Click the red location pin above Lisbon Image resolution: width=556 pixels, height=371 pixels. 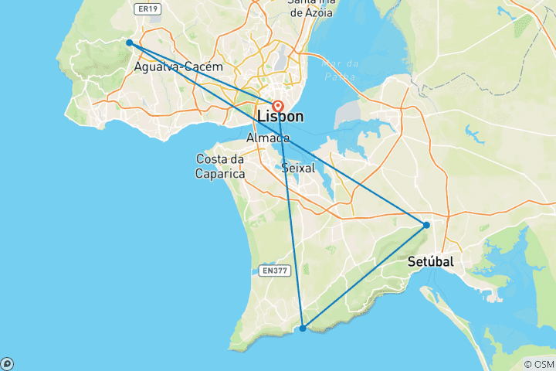tap(277, 106)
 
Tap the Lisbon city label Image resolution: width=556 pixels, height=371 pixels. tap(275, 117)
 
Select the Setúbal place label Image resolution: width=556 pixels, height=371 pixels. tap(430, 262)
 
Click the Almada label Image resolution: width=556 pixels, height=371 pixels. tap(268, 138)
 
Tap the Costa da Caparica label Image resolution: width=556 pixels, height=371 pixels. tap(220, 166)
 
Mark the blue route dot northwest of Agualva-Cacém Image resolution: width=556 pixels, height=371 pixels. tap(130, 43)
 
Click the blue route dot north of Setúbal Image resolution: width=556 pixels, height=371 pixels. tap(426, 225)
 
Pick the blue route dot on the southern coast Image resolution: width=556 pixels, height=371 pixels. tap(303, 328)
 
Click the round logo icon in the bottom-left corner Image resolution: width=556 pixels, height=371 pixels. tap(6, 364)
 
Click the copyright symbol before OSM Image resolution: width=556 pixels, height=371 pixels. tap(527, 364)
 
